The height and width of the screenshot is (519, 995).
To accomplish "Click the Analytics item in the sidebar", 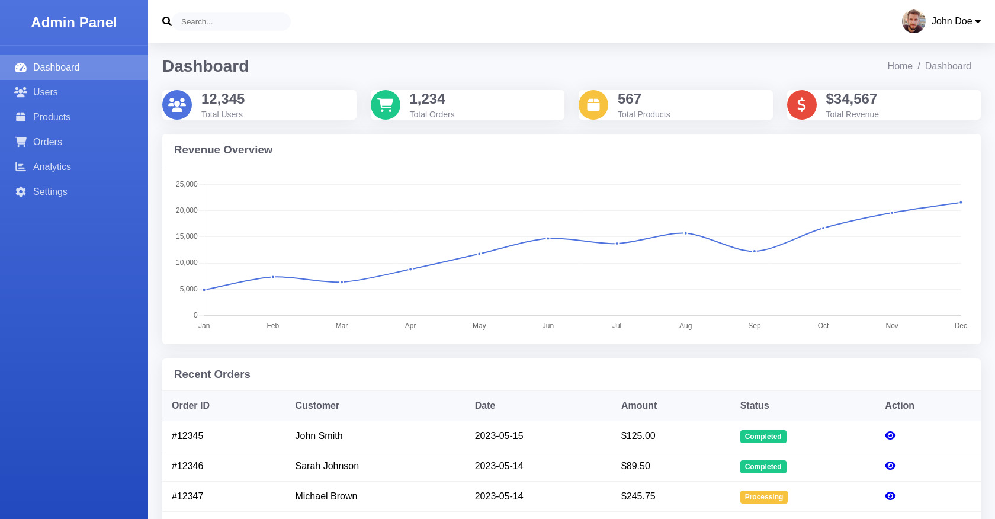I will [52, 167].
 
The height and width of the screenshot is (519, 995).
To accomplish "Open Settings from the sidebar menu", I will [50, 192].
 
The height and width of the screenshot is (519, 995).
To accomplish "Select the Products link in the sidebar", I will [52, 117].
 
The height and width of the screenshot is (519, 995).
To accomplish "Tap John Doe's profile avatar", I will [913, 21].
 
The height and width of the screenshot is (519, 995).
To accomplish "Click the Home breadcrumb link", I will [899, 66].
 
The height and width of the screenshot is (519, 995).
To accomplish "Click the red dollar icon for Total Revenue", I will [801, 105].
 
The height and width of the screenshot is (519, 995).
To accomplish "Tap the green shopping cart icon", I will [386, 105].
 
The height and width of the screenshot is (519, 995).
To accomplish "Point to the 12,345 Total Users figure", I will [223, 99].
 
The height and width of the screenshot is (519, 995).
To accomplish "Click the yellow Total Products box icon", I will [593, 105].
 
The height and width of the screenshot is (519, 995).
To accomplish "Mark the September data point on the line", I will [754, 251].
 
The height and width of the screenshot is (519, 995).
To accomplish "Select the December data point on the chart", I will [960, 203].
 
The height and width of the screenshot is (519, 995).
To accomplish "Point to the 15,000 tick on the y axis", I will [187, 236].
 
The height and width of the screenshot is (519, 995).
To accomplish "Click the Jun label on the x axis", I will [548, 326].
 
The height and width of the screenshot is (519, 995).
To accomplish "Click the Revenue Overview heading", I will [223, 150].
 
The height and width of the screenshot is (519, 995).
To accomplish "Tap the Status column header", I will [754, 406].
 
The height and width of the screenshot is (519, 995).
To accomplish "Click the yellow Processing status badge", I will [763, 497].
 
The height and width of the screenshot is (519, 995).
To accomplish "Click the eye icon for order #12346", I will [890, 466].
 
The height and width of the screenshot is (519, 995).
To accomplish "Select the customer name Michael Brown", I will [326, 496].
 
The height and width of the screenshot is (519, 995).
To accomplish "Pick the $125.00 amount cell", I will [638, 436].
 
